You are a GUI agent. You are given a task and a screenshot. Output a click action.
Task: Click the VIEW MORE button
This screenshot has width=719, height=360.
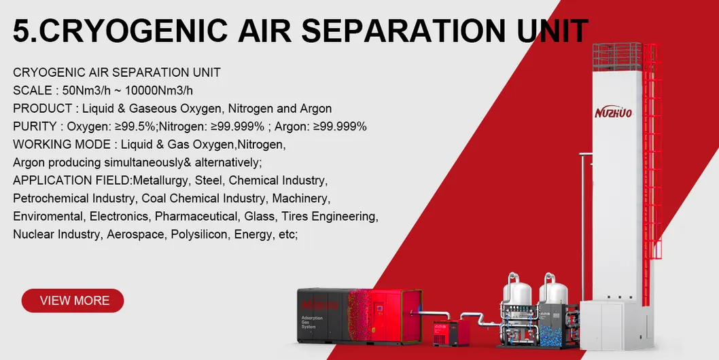73,300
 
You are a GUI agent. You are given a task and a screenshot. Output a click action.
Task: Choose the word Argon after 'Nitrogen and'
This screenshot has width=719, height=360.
316,109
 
